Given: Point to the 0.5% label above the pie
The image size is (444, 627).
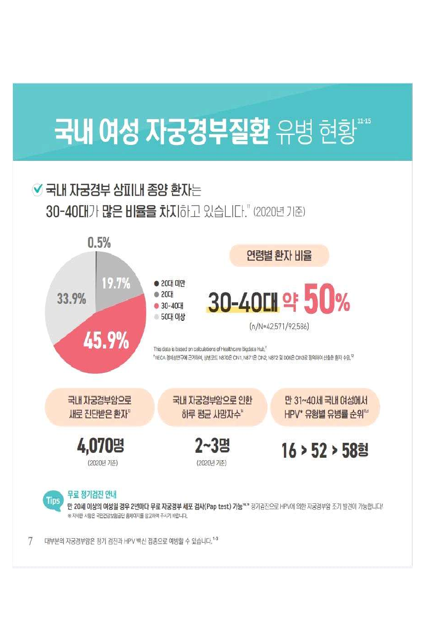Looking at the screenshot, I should [x=99, y=243].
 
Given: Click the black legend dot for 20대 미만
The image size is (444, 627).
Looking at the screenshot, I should [x=156, y=283].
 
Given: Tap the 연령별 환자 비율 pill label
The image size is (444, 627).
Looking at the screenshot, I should [x=279, y=256].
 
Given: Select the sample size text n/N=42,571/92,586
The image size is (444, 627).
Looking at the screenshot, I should [x=279, y=327].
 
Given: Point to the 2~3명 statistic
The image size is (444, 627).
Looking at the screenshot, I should [x=212, y=446].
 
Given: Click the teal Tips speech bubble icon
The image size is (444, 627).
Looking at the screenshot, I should [x=53, y=500].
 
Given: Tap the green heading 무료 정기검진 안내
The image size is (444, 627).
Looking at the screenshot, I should [x=91, y=494].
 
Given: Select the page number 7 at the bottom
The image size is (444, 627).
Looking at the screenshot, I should [x=30, y=541].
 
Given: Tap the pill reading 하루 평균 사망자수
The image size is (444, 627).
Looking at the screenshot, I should [x=212, y=407].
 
